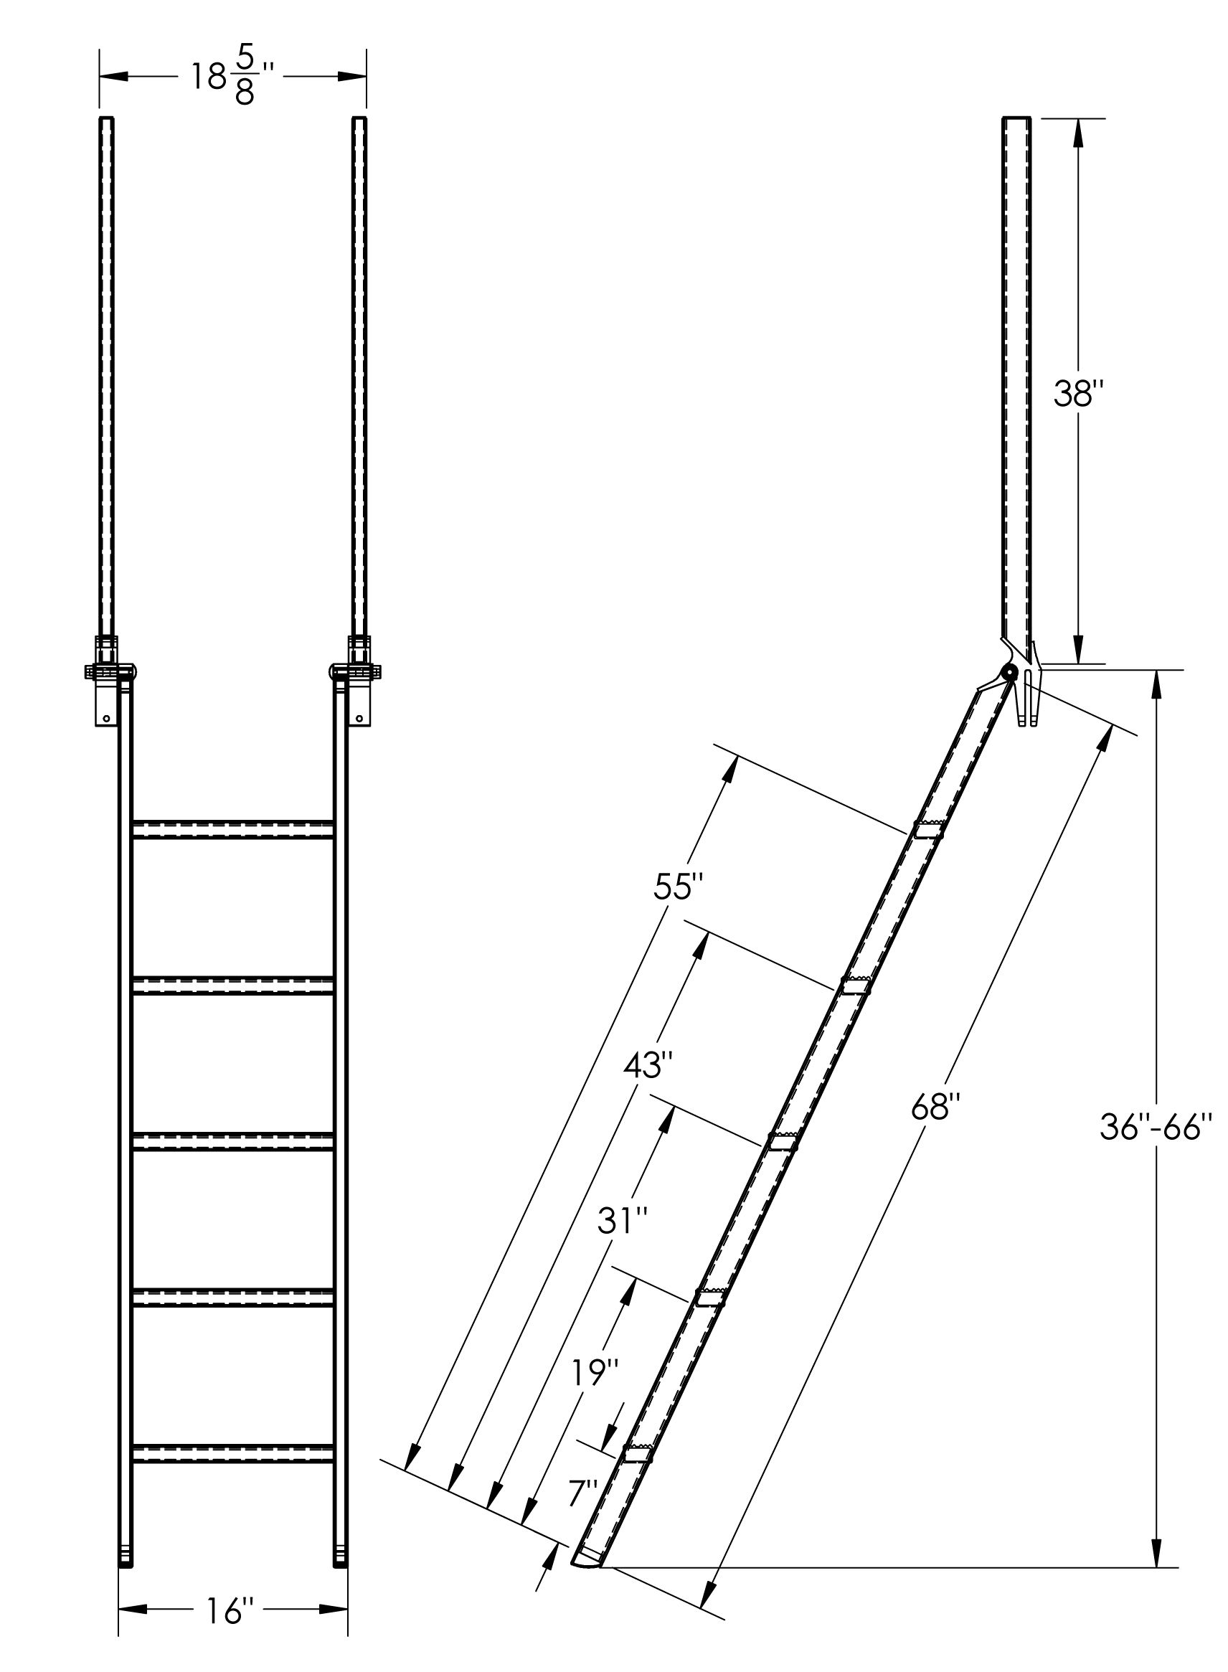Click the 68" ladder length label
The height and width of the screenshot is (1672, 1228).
(x=937, y=1107)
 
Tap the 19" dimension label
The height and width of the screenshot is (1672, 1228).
(x=595, y=1372)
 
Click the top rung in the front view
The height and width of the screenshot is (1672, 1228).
(x=232, y=830)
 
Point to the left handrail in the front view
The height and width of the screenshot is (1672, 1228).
(x=107, y=372)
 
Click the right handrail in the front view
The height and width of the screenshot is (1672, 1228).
(x=359, y=372)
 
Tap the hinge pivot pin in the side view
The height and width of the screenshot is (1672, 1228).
(x=1009, y=674)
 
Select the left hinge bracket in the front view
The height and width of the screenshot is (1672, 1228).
(x=108, y=680)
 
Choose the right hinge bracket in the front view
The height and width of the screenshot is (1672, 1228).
(x=356, y=680)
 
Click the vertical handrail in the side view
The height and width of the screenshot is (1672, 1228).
(x=1017, y=372)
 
